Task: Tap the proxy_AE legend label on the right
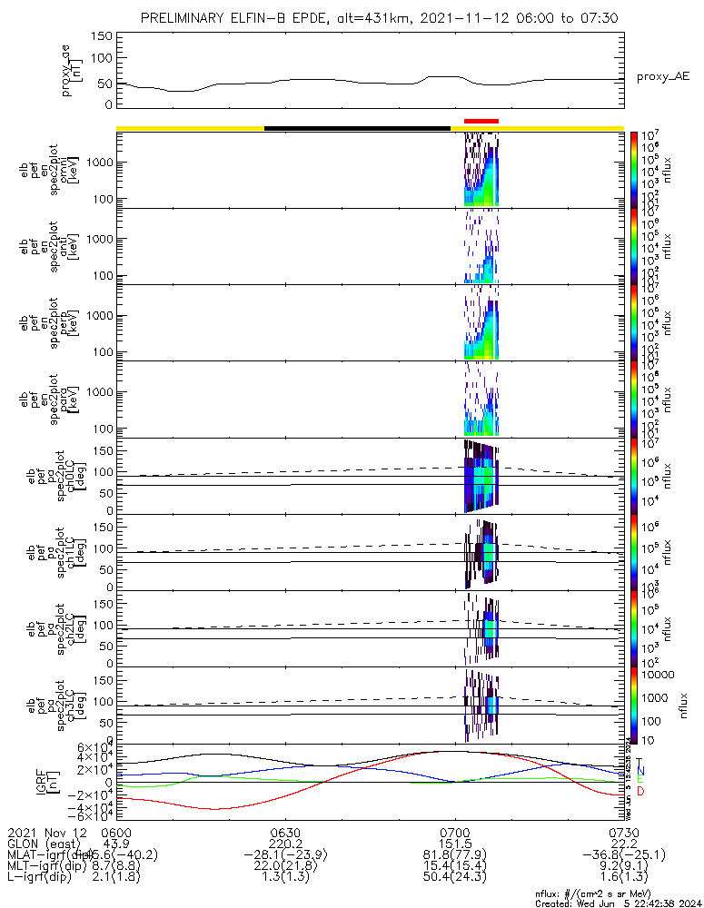click(662, 77)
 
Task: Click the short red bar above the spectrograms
click(481, 121)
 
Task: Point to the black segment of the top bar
click(357, 128)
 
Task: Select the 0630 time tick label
click(285, 832)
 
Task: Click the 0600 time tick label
click(116, 832)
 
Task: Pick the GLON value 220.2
click(285, 844)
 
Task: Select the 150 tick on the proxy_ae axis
click(102, 36)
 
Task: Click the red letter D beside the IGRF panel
click(641, 792)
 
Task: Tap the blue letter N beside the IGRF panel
click(640, 771)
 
